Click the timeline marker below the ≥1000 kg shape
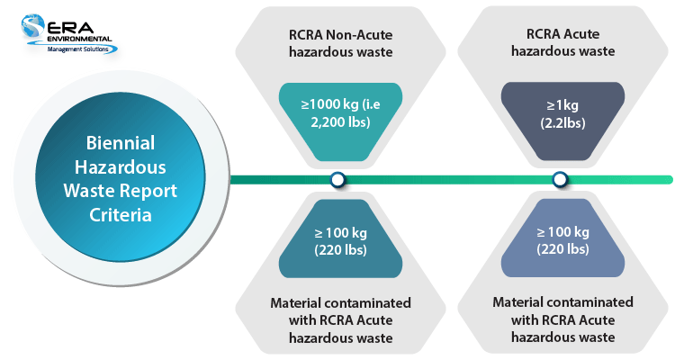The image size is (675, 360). [x=337, y=180]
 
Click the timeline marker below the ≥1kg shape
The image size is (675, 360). [x=560, y=180]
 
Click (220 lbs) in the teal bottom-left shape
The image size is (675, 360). [x=337, y=249]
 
